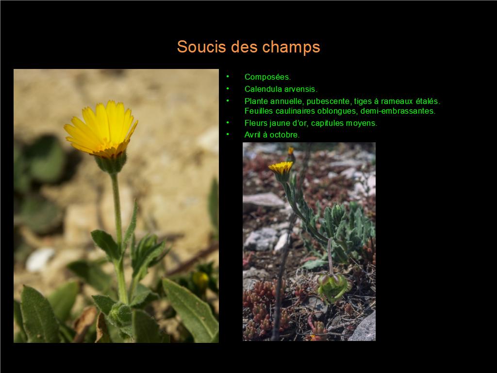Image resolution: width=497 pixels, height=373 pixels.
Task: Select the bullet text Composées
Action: pos(267,77)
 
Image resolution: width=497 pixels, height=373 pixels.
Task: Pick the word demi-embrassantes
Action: pos(398,111)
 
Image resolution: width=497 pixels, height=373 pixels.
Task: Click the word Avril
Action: pos(252,135)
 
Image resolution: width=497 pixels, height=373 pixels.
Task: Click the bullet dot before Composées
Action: pos(228,76)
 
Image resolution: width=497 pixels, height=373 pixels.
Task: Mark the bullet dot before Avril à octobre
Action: pos(228,134)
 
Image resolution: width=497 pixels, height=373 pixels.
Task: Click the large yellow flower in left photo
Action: pos(101,129)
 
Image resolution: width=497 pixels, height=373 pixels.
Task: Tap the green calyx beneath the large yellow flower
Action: pos(111,163)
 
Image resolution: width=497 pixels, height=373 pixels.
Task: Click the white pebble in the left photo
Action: pos(40,259)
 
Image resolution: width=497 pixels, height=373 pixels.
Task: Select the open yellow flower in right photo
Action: pos(281,168)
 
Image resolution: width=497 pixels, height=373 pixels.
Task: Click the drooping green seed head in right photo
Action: pos(334,287)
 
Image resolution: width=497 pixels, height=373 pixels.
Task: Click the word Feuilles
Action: pos(259,111)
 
